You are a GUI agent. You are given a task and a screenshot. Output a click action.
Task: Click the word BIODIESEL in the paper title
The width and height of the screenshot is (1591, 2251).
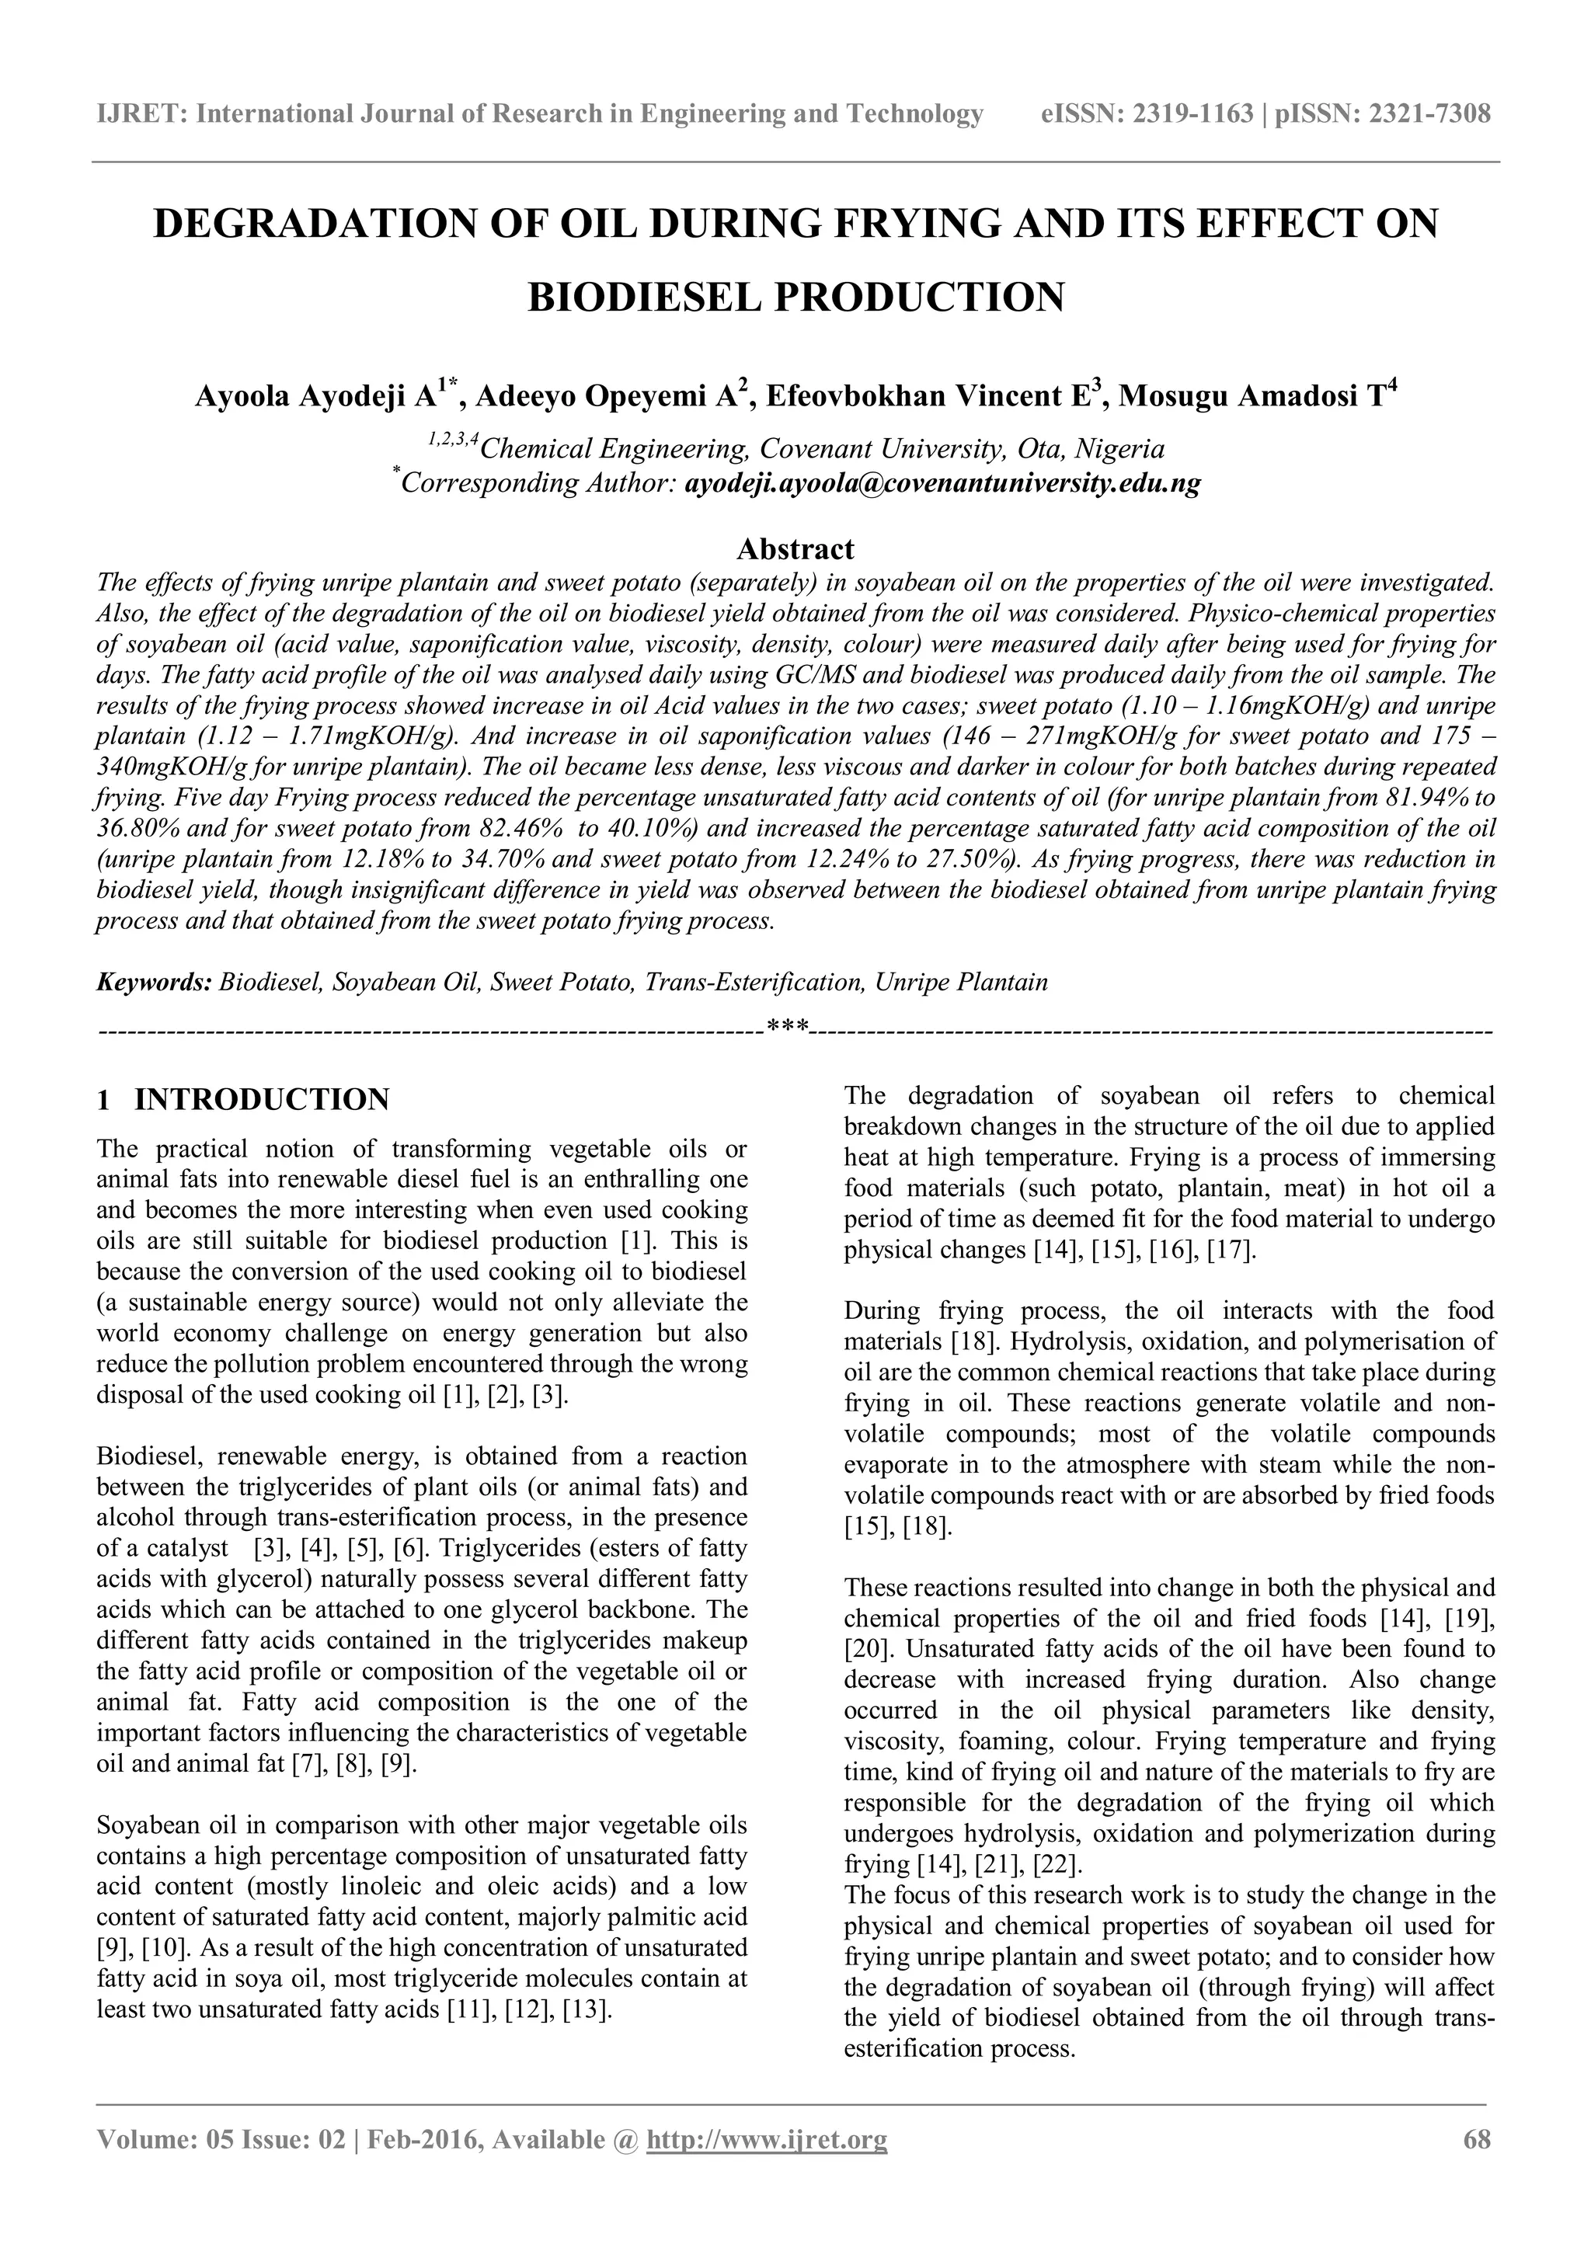tap(643, 296)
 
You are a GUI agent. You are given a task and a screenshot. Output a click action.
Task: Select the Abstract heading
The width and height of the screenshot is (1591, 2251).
tap(795, 548)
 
